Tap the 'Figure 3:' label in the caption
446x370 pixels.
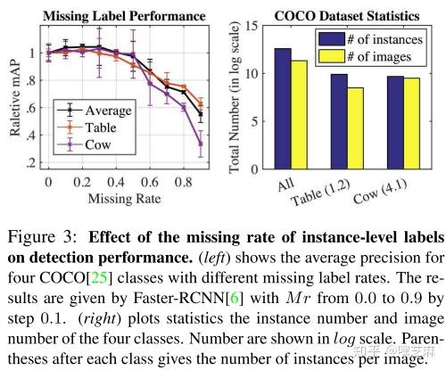click(37, 238)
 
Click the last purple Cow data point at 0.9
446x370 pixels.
click(201, 143)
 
